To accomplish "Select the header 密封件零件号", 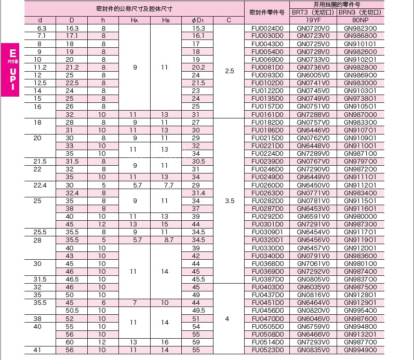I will (x=266, y=12).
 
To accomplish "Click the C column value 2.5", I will (x=230, y=71).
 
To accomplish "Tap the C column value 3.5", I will (x=230, y=200).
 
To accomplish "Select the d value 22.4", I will (x=40, y=185).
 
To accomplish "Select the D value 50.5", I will (x=72, y=311).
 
